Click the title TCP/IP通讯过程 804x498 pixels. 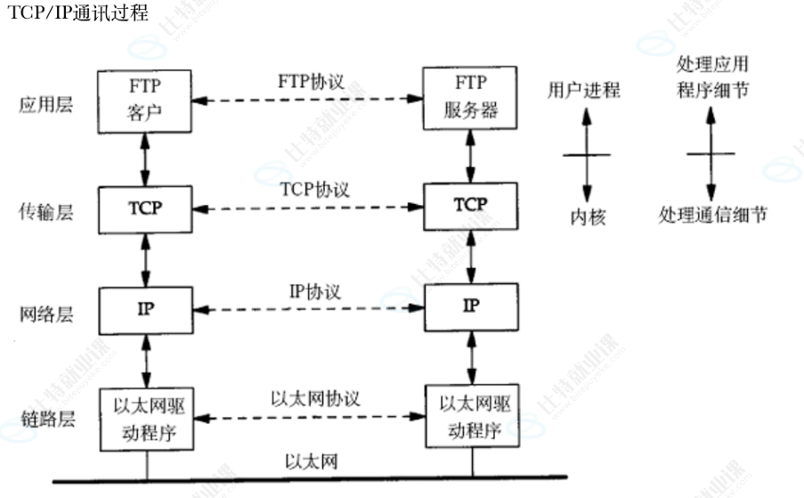click(x=77, y=13)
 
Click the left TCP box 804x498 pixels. click(x=144, y=208)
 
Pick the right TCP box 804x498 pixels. click(x=470, y=205)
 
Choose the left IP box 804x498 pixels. click(x=144, y=308)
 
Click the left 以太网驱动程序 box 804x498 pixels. click(x=144, y=416)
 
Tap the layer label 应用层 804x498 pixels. click(x=45, y=105)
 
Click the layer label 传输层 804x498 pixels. click(x=45, y=212)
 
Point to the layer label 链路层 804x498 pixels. click(x=45, y=419)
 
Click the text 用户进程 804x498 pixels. click(x=584, y=90)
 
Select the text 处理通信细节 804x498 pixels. click(x=712, y=215)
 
